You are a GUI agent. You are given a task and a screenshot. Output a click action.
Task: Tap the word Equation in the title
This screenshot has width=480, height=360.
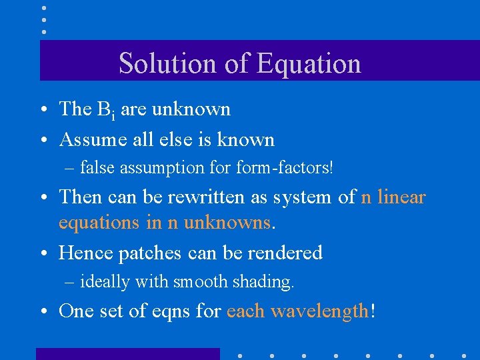(x=309, y=63)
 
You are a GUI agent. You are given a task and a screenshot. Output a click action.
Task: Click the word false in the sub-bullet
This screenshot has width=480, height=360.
(x=98, y=167)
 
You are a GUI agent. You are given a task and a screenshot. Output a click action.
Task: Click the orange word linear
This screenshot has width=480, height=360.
(x=401, y=197)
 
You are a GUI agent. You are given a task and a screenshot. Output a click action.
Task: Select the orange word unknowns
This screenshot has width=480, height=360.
(x=227, y=222)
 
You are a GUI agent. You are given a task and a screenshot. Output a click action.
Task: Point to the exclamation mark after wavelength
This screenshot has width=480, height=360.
(x=372, y=310)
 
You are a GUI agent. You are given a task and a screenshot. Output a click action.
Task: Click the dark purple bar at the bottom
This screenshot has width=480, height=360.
(x=127, y=353)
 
